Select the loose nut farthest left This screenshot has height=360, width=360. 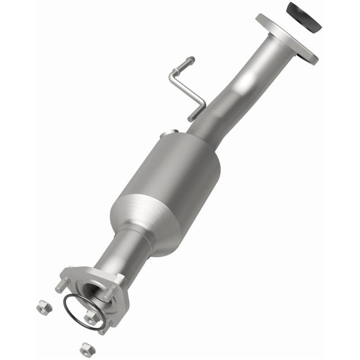coord(44,307)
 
